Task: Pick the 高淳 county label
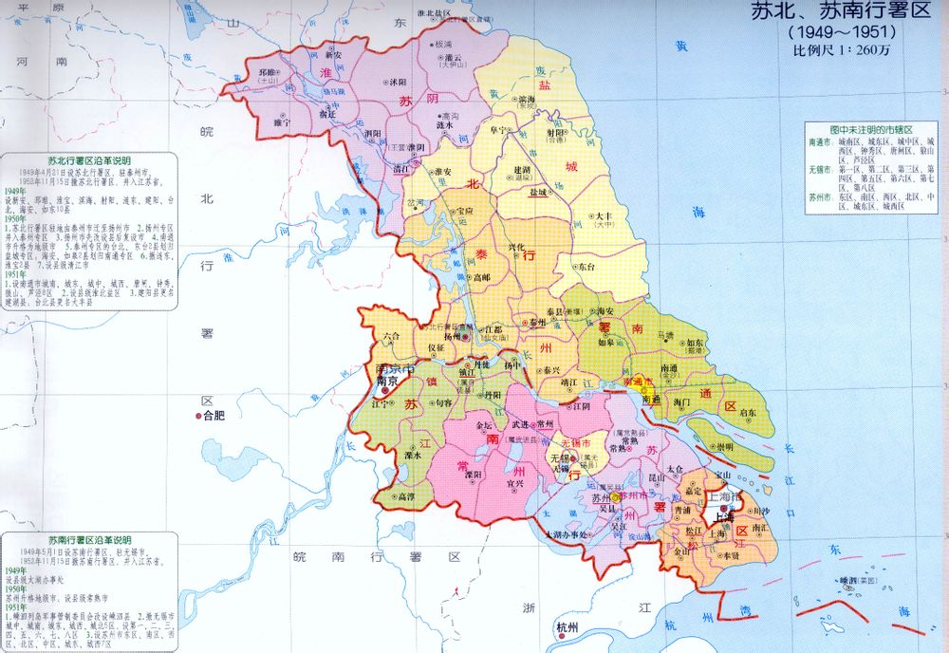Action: point(404,496)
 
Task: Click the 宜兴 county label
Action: point(515,483)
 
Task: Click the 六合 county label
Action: point(392,336)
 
